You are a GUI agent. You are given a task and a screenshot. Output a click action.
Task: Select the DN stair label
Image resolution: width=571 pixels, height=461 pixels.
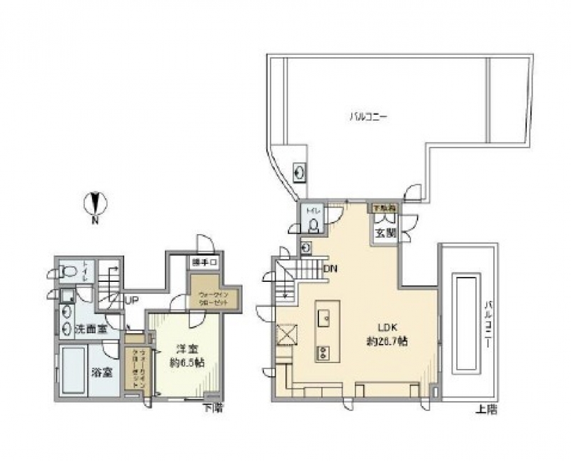[x=330, y=269]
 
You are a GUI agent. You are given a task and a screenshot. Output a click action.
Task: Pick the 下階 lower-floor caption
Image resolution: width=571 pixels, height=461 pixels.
[x=211, y=409]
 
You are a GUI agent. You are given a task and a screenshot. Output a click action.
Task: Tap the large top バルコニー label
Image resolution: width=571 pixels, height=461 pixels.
[x=368, y=116]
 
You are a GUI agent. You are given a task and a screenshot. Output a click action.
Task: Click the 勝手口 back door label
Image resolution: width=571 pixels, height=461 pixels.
[x=203, y=262]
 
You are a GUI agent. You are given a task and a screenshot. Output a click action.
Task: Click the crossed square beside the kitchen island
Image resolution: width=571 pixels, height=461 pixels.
[x=288, y=333]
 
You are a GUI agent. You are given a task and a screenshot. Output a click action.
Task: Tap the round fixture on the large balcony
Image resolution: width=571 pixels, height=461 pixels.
[x=300, y=173]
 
